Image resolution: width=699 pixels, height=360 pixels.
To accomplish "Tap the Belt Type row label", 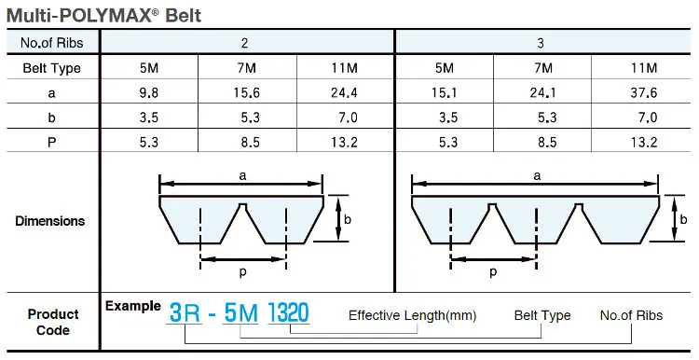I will (x=51, y=68).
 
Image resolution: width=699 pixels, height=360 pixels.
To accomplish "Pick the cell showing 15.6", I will (x=247, y=92).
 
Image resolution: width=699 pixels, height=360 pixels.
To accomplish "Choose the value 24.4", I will (x=345, y=92).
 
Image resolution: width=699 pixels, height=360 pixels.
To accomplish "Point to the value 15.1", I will (x=444, y=92).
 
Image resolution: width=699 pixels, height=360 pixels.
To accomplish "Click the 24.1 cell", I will (x=541, y=92).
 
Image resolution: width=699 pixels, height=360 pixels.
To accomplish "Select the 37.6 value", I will (x=643, y=92).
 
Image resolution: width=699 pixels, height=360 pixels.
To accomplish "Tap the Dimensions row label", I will (x=50, y=221).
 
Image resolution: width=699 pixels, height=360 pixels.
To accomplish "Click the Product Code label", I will (x=53, y=322).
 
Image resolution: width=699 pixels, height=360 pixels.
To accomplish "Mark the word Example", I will (x=132, y=306).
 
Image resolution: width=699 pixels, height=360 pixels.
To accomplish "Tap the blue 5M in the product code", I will (x=240, y=313).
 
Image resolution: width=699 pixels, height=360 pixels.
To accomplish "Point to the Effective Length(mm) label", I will (x=412, y=315).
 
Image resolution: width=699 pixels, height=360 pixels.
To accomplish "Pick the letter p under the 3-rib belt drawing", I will (x=492, y=271).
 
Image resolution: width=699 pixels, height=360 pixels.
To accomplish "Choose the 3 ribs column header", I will (x=541, y=43).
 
